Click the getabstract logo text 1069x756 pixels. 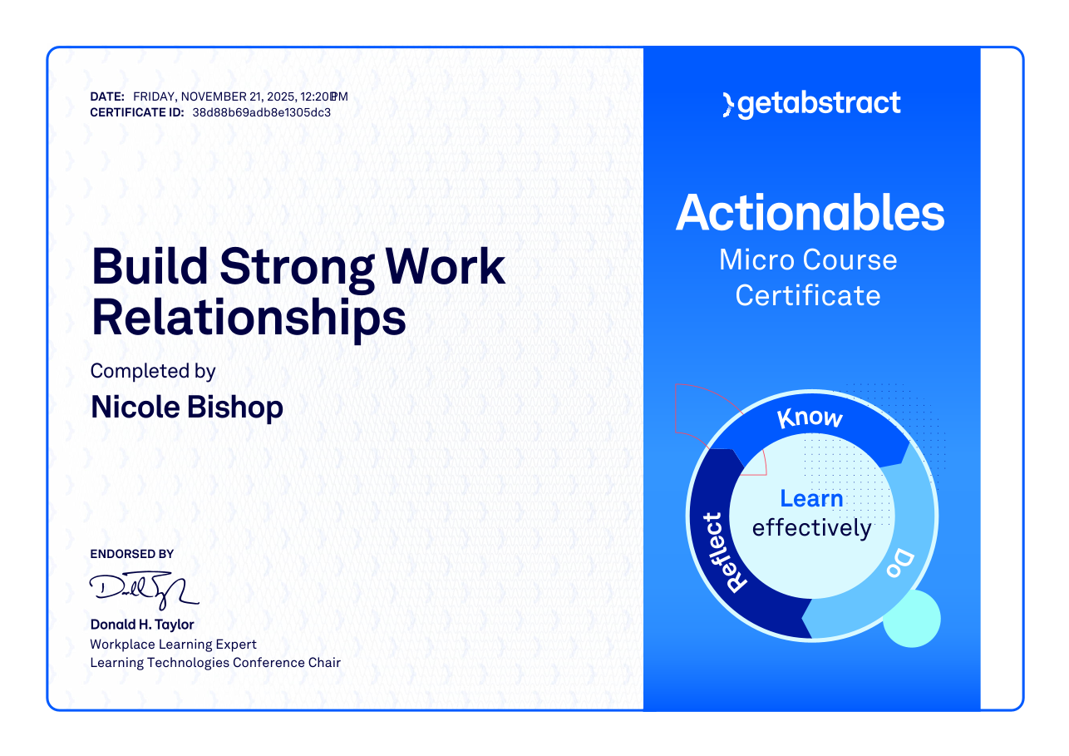click(x=819, y=104)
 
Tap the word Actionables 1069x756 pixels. click(x=810, y=213)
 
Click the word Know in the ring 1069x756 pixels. click(x=810, y=418)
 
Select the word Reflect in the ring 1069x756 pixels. click(x=724, y=552)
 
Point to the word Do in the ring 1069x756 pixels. click(x=900, y=563)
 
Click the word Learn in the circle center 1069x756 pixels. click(x=811, y=498)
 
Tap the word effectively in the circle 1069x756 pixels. click(x=812, y=528)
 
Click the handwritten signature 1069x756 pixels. click(x=144, y=590)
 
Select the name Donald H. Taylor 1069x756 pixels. click(x=142, y=625)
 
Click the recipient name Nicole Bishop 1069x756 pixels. click(x=186, y=408)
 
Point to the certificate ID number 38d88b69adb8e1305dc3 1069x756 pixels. click(x=262, y=113)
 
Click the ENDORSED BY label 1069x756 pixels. click(x=131, y=554)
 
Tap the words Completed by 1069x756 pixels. click(x=153, y=372)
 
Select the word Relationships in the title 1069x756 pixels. click(x=249, y=319)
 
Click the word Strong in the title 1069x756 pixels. click(x=297, y=268)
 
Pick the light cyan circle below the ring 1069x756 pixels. click(x=912, y=619)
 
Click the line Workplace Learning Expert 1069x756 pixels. click(x=173, y=645)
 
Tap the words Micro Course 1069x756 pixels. click(x=808, y=260)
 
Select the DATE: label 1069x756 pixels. click(x=107, y=97)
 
